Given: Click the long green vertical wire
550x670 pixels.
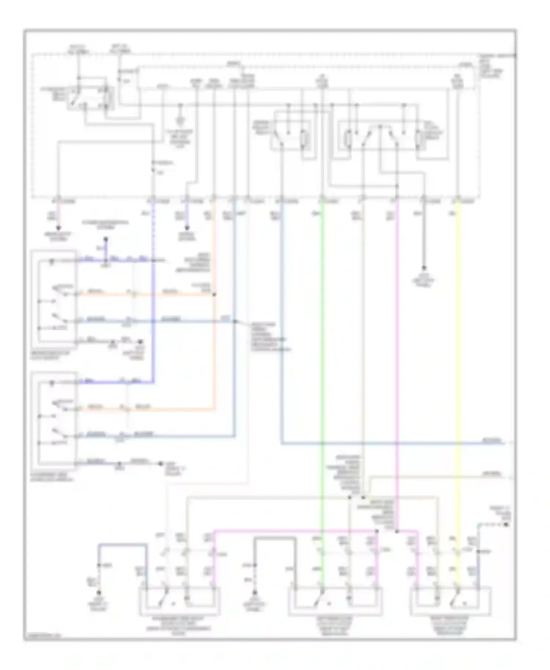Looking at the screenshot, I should (x=322, y=367).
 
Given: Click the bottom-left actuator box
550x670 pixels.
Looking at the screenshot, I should (x=179, y=601).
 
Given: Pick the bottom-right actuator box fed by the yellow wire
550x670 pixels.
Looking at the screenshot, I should (x=451, y=601).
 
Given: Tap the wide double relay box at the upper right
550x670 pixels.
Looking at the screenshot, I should (x=389, y=137).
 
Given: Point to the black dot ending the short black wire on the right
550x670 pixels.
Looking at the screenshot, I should (x=424, y=268).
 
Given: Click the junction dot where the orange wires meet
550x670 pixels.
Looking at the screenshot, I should (x=214, y=294).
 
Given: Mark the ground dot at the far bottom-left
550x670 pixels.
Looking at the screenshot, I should (x=98, y=592).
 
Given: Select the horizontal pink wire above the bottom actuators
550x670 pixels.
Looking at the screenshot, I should (x=293, y=530).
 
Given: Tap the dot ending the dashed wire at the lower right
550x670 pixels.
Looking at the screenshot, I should (x=506, y=525).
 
